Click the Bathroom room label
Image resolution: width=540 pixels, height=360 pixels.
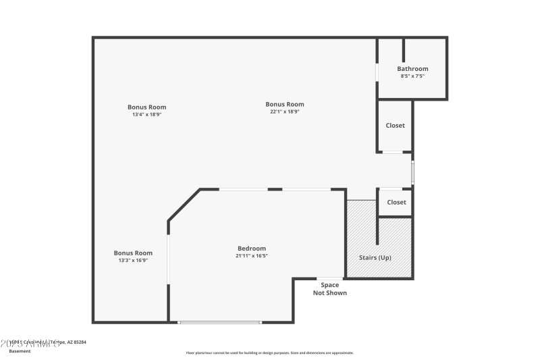(412, 69)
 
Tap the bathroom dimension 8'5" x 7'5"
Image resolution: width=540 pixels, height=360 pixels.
(412, 76)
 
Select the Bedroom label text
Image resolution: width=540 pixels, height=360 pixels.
(251, 249)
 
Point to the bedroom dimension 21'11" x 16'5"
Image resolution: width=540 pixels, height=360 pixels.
(251, 256)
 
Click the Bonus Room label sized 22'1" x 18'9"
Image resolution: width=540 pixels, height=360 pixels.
(285, 104)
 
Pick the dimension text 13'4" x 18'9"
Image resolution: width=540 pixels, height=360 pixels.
(147, 115)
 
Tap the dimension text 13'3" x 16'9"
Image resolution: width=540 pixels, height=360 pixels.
(133, 261)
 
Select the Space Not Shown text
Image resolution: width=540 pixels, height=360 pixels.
(330, 289)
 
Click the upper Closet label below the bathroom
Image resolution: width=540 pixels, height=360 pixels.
(396, 126)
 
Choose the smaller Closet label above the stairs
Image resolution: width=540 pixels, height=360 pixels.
(396, 203)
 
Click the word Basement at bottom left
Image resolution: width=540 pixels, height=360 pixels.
(20, 351)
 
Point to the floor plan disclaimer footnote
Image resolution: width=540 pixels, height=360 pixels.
(270, 353)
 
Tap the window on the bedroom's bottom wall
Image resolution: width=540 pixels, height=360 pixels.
(219, 322)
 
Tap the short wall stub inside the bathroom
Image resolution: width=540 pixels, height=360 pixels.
(404, 49)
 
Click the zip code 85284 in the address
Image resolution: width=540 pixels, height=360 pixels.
(79, 342)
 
